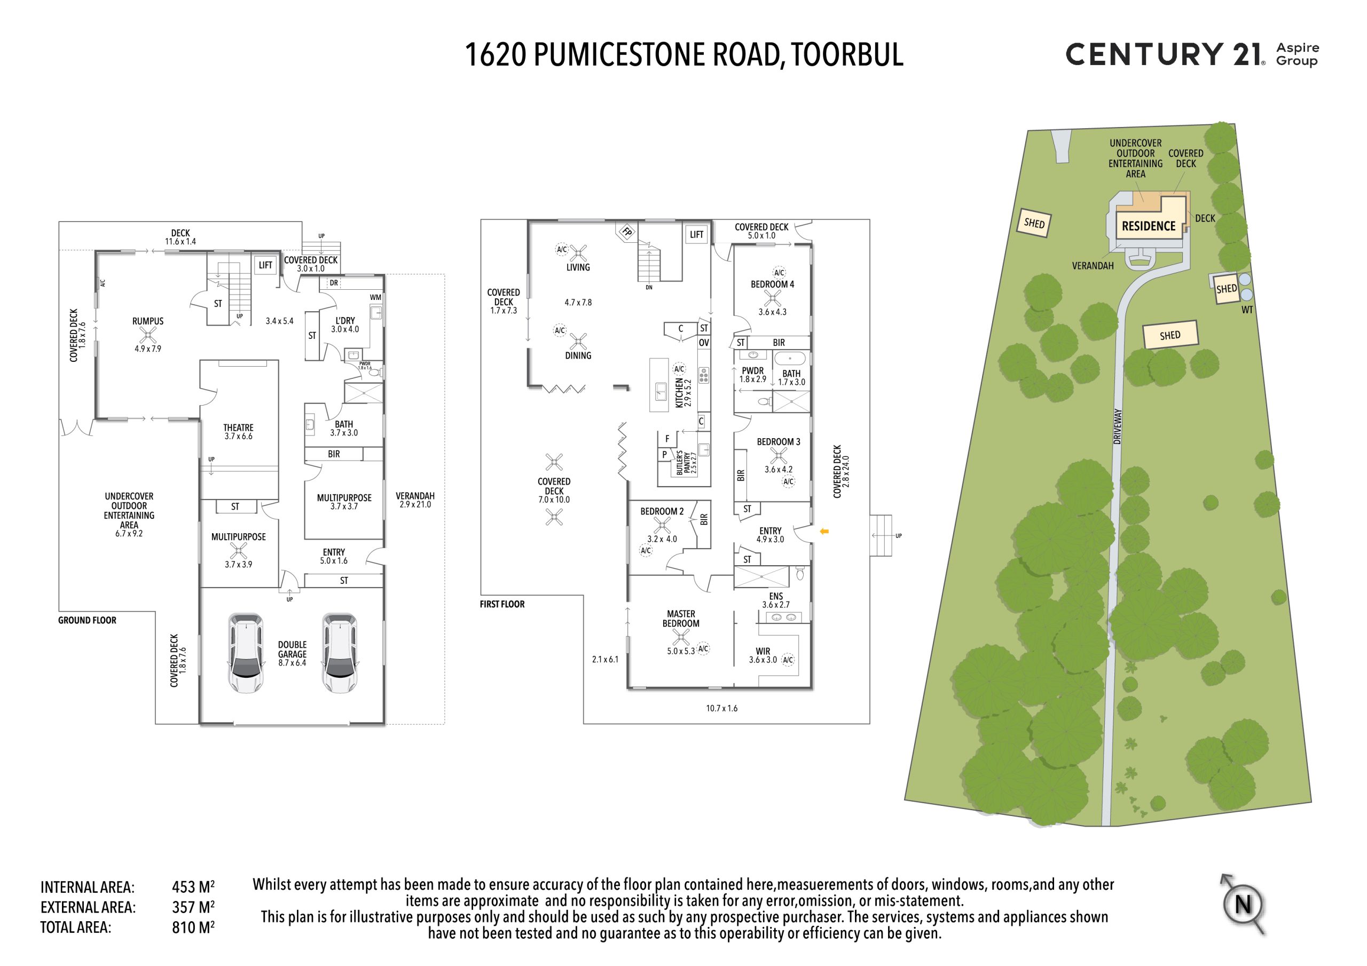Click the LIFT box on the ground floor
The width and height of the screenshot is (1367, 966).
265,265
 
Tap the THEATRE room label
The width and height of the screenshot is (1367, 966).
238,427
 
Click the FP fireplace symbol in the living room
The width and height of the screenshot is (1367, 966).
627,232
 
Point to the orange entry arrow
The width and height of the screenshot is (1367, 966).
824,532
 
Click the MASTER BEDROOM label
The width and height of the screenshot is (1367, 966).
680,619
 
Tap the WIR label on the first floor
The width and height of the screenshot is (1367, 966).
763,651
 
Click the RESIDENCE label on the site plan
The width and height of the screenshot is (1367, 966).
1149,226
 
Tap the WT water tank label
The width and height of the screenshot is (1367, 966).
1247,310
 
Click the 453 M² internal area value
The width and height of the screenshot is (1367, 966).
193,887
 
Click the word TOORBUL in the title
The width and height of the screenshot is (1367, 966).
847,55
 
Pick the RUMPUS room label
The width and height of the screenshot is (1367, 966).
148,321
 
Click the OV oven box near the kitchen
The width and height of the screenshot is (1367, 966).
704,343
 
